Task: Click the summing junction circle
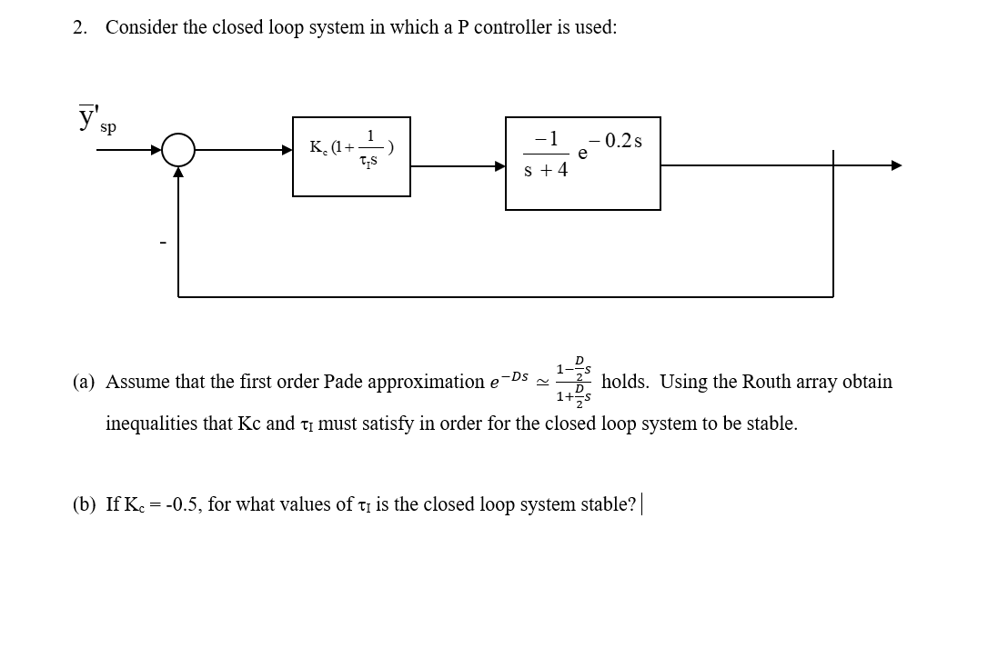click(x=179, y=151)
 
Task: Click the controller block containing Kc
click(x=351, y=155)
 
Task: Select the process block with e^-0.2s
click(x=582, y=163)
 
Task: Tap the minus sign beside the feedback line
click(x=163, y=243)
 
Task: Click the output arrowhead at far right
click(x=896, y=165)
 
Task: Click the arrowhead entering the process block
click(x=499, y=166)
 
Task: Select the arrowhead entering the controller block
click(x=287, y=150)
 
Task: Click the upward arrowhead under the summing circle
click(x=179, y=173)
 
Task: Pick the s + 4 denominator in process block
click(x=546, y=171)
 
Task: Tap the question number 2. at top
click(x=80, y=27)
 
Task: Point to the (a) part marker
click(x=84, y=382)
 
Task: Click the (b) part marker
click(x=84, y=504)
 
